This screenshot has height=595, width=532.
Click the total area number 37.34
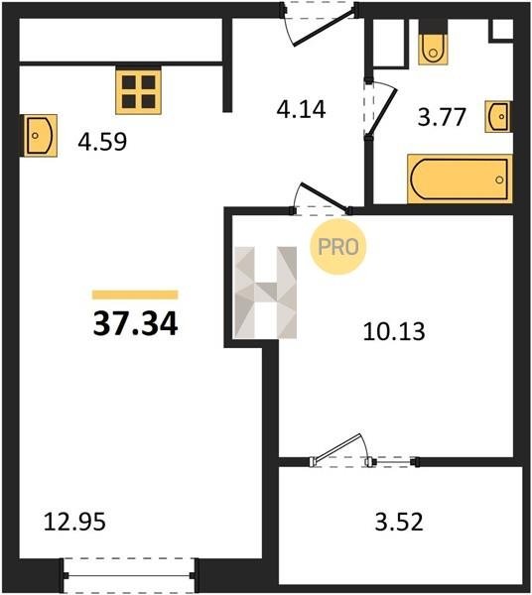point(136,323)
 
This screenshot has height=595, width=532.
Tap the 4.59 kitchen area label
point(102,142)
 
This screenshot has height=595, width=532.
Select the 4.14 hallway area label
point(301,109)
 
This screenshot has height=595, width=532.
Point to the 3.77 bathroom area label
point(442,117)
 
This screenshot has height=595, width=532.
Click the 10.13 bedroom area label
point(394,331)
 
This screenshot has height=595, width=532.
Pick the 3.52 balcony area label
point(399,522)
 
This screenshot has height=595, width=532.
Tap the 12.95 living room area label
point(74,522)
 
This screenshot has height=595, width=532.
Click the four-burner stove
point(139,90)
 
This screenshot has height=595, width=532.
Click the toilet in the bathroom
point(433,43)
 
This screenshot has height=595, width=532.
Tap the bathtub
point(460,178)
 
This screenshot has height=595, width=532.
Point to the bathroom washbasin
point(498,116)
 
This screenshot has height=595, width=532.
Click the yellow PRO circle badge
point(337,247)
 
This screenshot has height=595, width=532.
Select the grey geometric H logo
point(265,293)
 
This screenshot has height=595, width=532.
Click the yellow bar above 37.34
point(135,295)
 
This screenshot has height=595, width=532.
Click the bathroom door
point(380,108)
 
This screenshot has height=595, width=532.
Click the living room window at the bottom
point(129,575)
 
